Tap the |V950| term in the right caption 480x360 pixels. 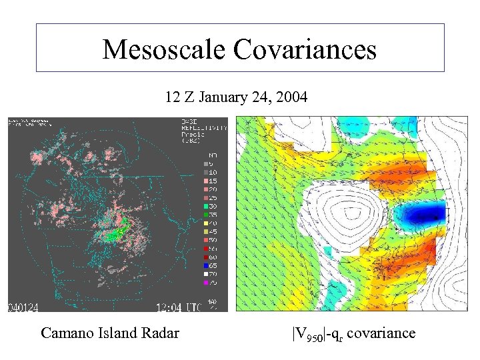point(308,333)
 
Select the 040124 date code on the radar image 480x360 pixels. point(23,307)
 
